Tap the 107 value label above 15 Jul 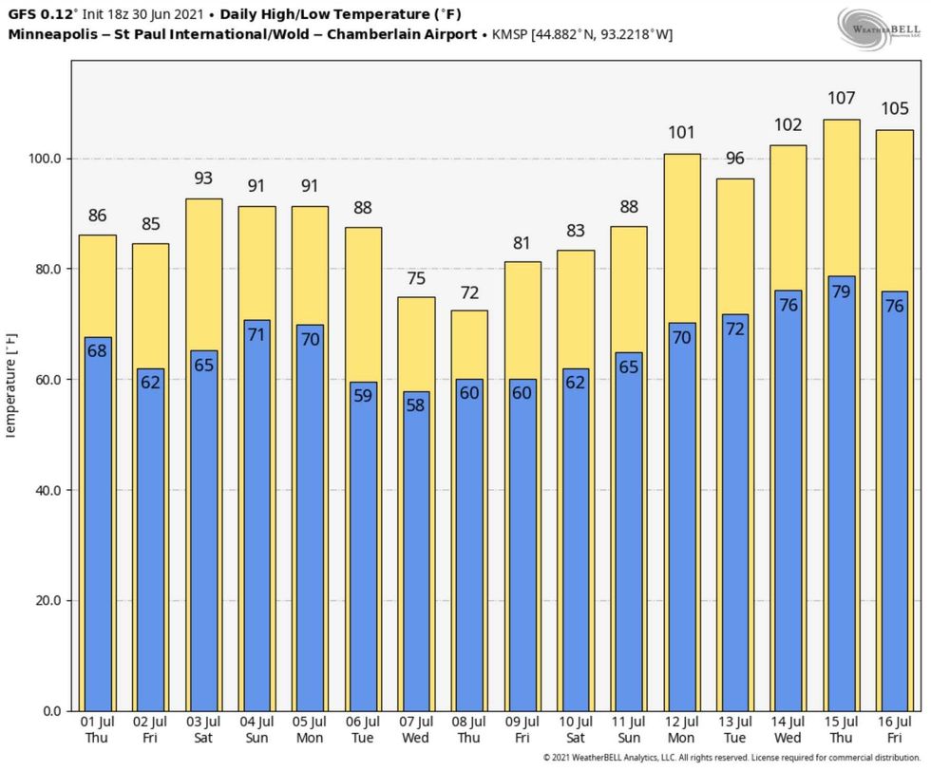pyautogui.click(x=841, y=98)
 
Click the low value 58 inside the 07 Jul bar pyautogui.click(x=416, y=404)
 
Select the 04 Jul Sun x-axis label pyautogui.click(x=256, y=731)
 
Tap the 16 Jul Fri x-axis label pyautogui.click(x=894, y=731)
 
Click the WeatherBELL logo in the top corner pyautogui.click(x=878, y=26)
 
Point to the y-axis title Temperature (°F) pyautogui.click(x=11, y=385)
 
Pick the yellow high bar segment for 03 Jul pyautogui.click(x=203, y=275)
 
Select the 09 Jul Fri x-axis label pyautogui.click(x=522, y=731)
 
